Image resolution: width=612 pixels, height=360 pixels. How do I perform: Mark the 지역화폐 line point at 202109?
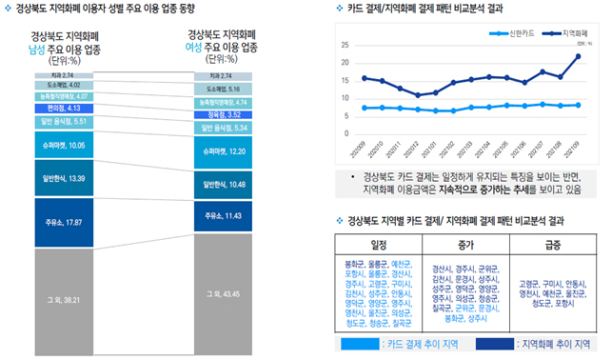pyautogui.click(x=578, y=56)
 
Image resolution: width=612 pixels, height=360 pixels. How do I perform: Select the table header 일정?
pyautogui.click(x=378, y=243)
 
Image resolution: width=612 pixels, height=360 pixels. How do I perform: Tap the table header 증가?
pyautogui.click(x=466, y=243)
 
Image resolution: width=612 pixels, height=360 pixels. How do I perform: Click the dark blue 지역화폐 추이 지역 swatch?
pyautogui.click(x=479, y=344)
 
